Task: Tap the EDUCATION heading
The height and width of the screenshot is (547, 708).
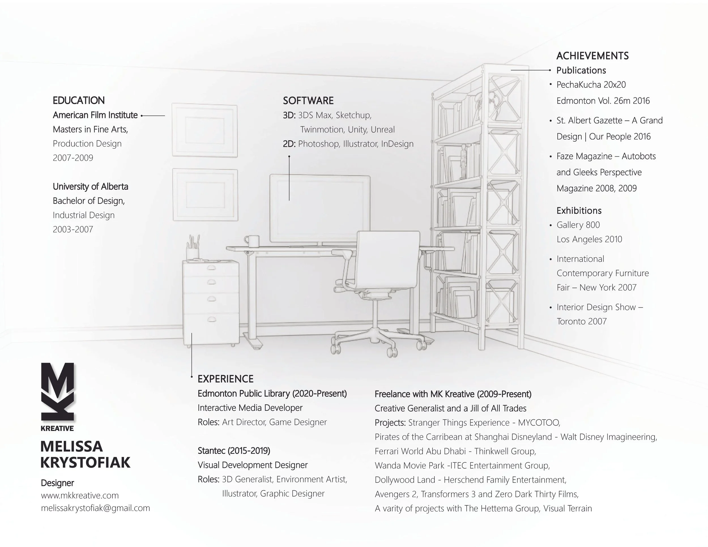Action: [x=79, y=101]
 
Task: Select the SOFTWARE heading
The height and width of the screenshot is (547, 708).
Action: [x=308, y=101]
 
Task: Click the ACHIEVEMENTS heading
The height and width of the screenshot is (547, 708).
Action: [x=592, y=56]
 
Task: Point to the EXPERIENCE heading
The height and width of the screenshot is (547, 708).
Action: [x=225, y=379]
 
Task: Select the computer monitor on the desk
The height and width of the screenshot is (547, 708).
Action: [x=320, y=208]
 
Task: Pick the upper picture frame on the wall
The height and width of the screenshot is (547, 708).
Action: [x=204, y=130]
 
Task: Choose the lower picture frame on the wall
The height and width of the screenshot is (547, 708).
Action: [x=205, y=195]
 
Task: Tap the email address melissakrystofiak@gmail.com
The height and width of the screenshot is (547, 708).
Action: [x=95, y=508]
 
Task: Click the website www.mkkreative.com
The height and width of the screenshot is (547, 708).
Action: [x=80, y=495]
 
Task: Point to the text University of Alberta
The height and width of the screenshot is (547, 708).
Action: [x=90, y=186]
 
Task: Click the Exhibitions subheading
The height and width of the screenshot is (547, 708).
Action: [x=579, y=211]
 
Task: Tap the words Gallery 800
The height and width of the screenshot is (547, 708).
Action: [x=578, y=225]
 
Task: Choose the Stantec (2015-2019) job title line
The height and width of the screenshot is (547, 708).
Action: [x=234, y=450]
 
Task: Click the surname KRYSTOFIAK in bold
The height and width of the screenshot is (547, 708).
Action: [x=86, y=462]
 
